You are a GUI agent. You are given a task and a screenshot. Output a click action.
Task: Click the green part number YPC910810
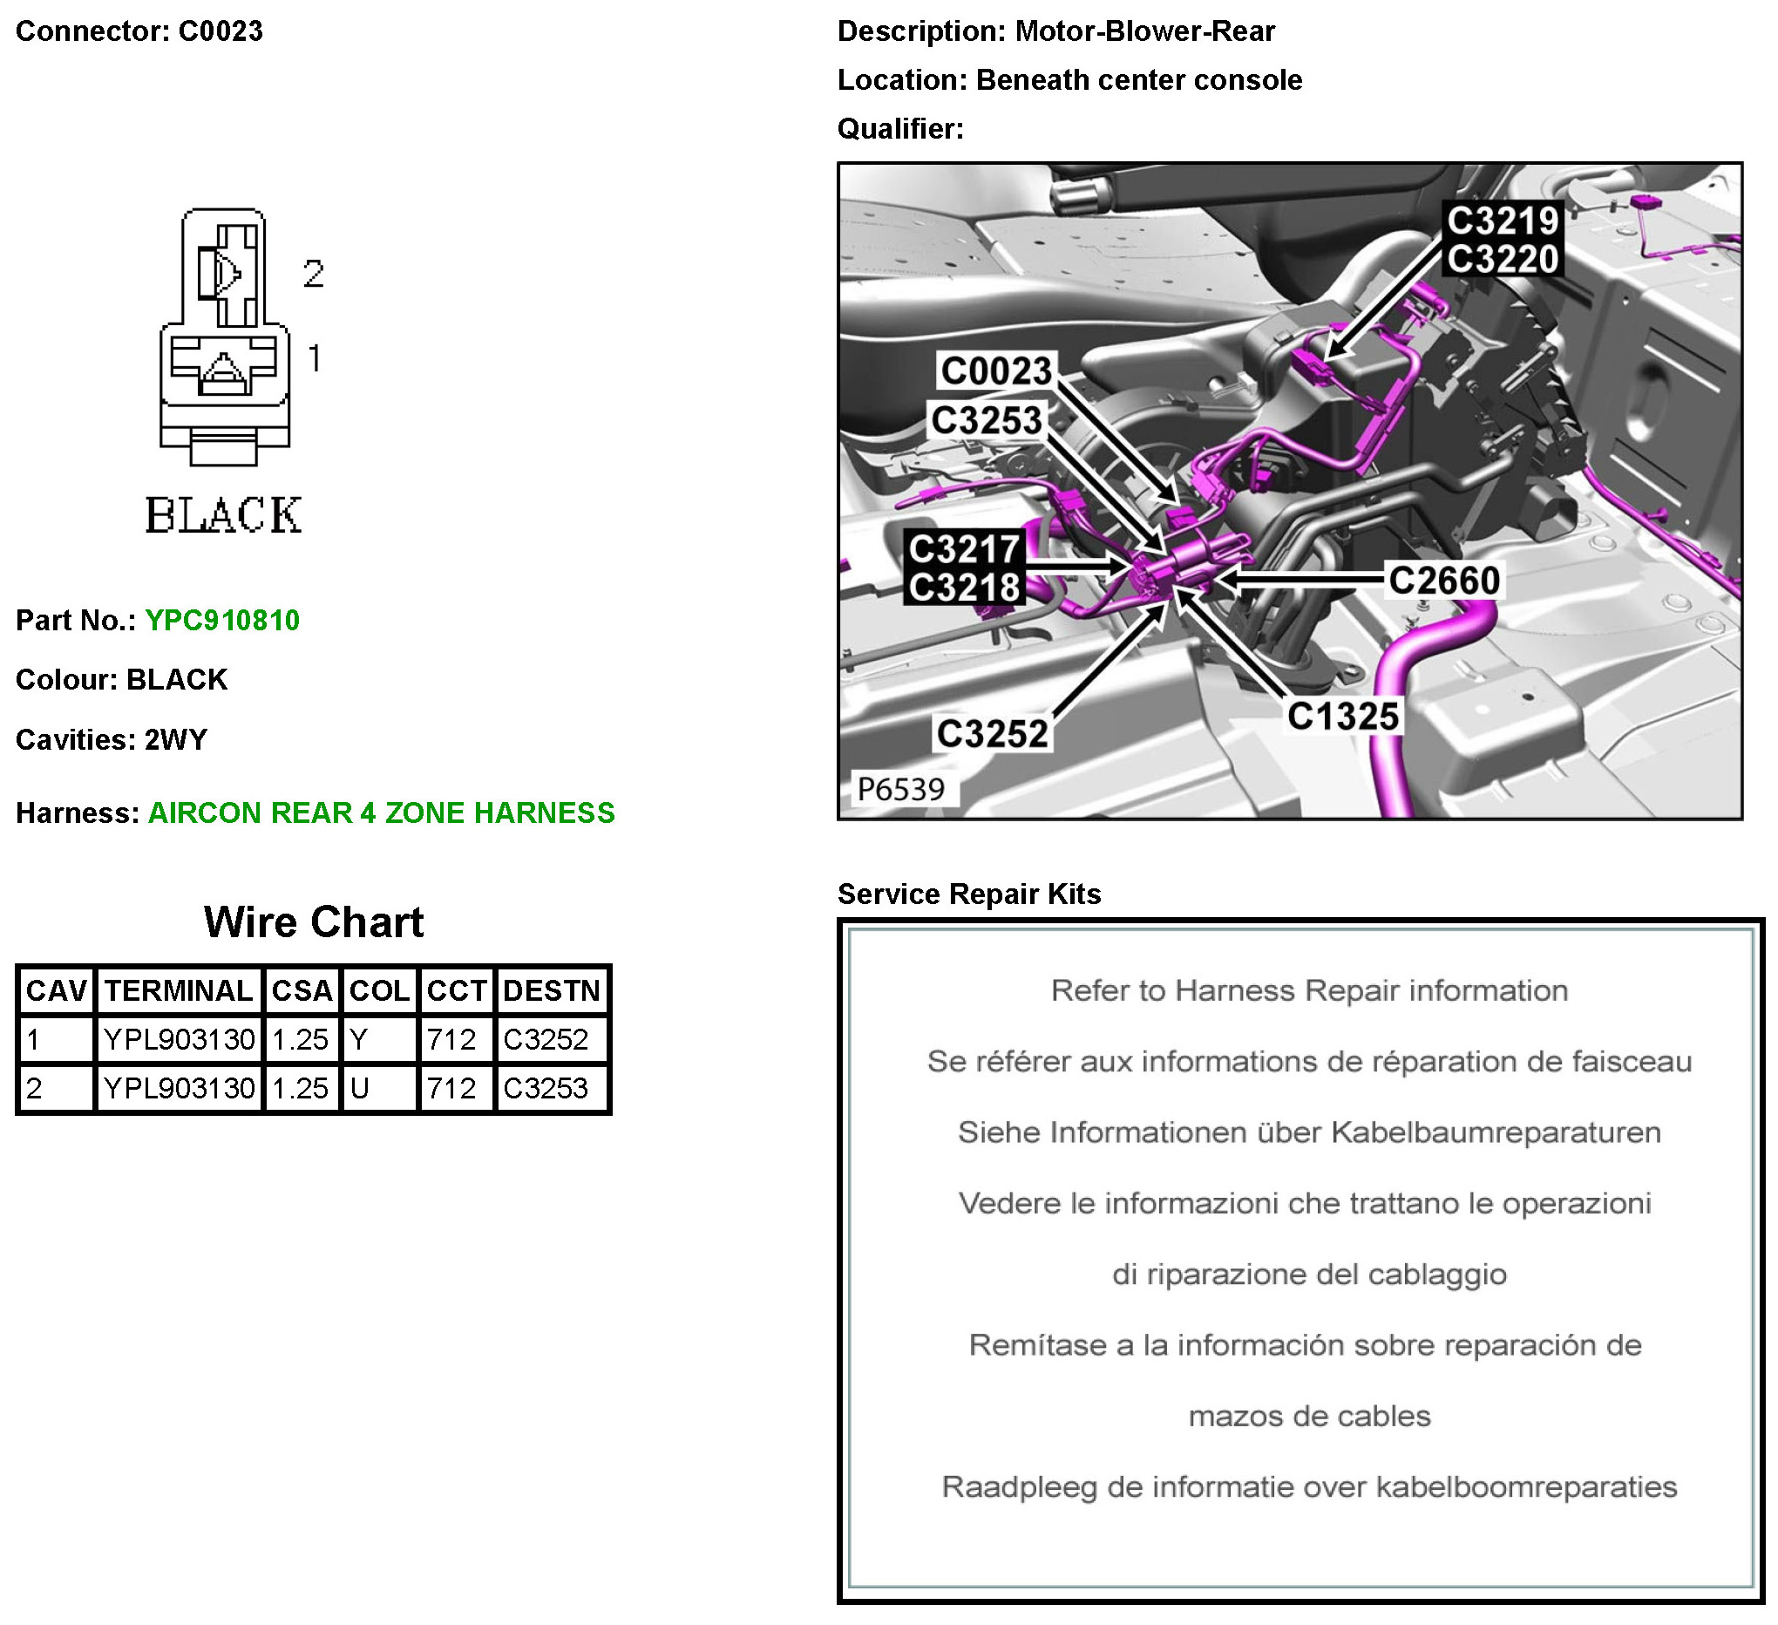[222, 621]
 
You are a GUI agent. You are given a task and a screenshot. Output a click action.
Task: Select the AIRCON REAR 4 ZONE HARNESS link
[381, 813]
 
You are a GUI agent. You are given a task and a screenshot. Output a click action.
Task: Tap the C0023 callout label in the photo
[996, 371]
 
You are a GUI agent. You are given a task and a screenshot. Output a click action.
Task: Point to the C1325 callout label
[1342, 717]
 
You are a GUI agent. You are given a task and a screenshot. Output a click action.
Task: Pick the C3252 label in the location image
[992, 734]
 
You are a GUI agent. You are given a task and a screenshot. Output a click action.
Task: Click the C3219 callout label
[1503, 221]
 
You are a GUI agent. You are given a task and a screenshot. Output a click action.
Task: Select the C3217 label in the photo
[964, 549]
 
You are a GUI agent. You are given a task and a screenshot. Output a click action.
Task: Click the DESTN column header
[551, 990]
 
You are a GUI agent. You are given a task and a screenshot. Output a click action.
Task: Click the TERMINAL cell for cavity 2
[179, 1089]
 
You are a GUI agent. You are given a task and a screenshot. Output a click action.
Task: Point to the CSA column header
[302, 990]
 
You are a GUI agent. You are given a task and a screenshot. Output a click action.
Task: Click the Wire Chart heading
[314, 922]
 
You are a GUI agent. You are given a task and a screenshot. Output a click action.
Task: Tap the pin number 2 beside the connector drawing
[313, 274]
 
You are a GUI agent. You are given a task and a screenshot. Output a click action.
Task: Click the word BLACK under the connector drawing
[223, 516]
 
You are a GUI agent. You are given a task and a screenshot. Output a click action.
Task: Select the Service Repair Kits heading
[969, 894]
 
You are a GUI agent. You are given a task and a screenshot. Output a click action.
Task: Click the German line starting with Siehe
[1309, 1132]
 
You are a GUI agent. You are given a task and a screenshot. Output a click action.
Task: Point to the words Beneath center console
[1138, 80]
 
